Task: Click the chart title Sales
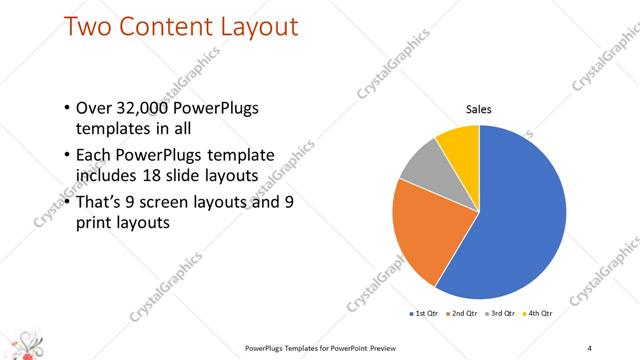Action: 480,109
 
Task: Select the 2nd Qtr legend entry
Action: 461,313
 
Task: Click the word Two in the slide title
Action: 86,26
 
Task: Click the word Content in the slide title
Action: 164,26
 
